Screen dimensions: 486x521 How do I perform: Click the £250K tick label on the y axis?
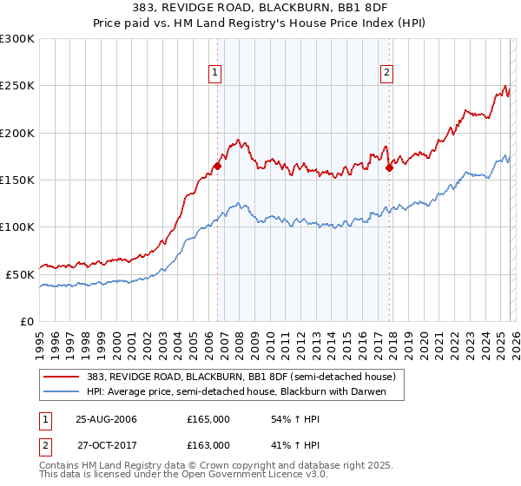(17, 86)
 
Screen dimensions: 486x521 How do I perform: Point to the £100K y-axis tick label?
(17, 227)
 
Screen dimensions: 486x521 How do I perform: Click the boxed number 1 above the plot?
(214, 73)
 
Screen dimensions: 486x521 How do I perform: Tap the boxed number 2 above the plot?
(386, 73)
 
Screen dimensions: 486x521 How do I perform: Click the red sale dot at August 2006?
(218, 167)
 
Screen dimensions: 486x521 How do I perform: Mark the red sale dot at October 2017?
(389, 168)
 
